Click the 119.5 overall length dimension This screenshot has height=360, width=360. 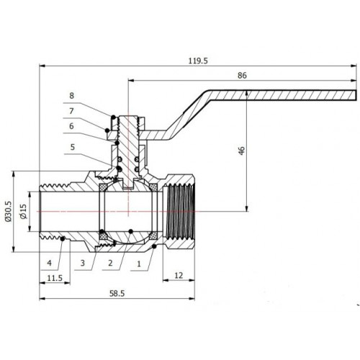(198, 61)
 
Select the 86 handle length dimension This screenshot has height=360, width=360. (242, 76)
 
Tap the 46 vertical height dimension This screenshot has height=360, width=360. (242, 150)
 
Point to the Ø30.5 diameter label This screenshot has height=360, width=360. (8, 211)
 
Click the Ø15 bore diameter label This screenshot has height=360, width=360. (23, 211)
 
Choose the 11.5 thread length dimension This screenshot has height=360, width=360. (55, 278)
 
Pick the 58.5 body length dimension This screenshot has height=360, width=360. (117, 293)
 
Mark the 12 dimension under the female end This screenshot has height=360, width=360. (179, 275)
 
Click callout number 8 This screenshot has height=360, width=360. (71, 96)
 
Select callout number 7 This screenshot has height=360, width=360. (71, 111)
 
